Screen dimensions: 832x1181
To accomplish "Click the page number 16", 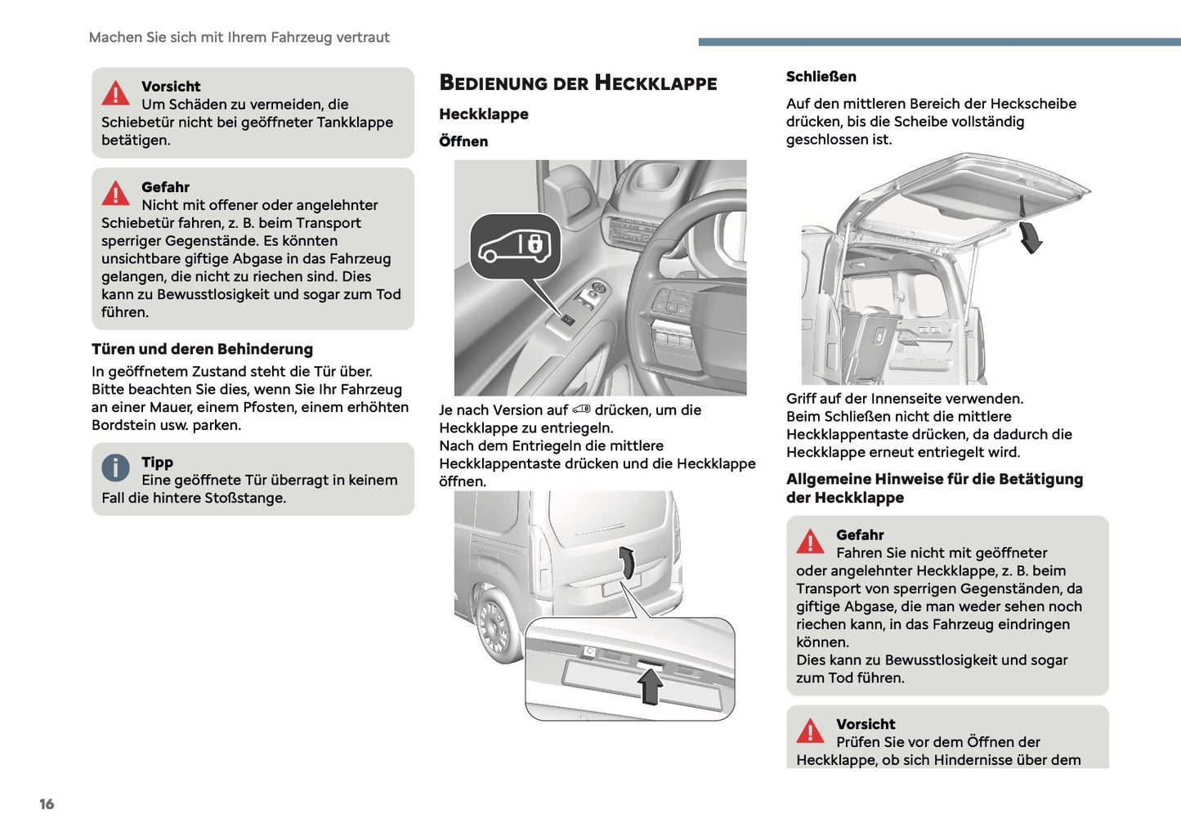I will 47,804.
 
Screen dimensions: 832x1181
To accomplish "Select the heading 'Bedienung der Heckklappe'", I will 578,83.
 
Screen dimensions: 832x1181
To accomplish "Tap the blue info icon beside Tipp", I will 115,468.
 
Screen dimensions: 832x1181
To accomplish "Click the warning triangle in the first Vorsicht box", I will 115,94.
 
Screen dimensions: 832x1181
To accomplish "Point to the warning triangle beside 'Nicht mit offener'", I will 115,194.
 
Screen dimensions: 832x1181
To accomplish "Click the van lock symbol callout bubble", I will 515,246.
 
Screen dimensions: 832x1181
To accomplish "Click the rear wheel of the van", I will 495,626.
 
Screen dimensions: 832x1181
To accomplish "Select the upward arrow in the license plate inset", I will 651,685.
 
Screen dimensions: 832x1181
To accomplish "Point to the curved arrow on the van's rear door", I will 627,562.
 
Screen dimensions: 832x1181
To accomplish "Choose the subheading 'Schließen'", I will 821,77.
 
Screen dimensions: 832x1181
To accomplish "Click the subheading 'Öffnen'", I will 463,141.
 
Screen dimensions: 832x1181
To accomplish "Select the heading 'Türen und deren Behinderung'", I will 202,349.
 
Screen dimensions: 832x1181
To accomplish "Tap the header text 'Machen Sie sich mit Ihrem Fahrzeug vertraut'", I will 239,38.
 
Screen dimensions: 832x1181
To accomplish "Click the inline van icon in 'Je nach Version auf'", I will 581,409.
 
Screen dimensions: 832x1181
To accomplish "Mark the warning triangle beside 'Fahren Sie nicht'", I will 810,542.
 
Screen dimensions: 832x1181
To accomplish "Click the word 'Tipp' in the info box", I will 157,463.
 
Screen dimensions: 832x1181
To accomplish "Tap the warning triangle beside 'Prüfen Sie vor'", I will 810,731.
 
